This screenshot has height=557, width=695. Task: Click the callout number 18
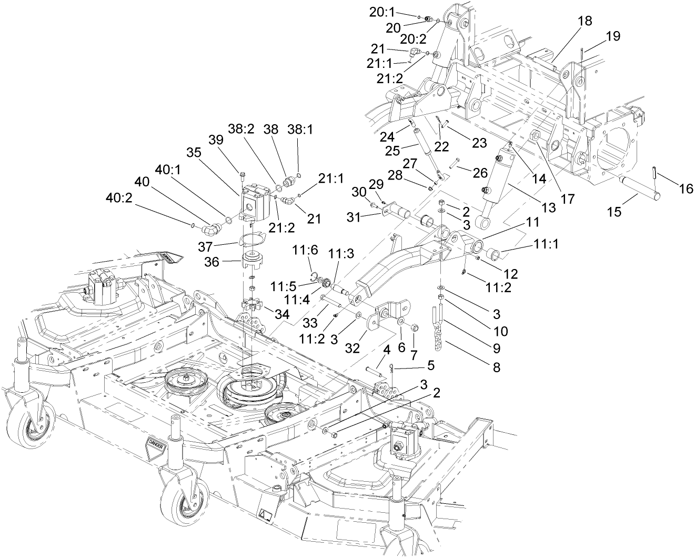585,21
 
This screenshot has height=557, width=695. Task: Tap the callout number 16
687,188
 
